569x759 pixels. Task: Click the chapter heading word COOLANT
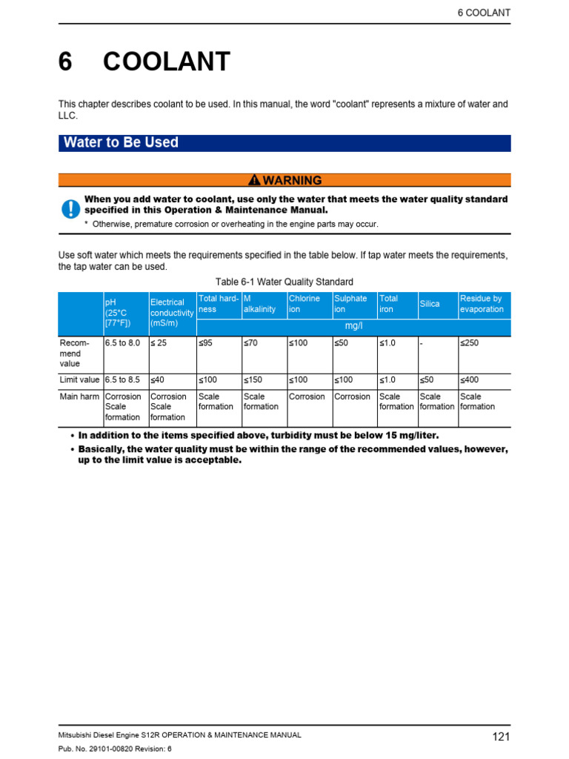tap(167, 62)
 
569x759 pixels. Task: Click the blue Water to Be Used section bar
tap(284, 143)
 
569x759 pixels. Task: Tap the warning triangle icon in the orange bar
tap(254, 180)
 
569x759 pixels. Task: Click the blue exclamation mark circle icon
tap(70, 208)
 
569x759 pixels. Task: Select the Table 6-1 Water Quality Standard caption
tap(284, 282)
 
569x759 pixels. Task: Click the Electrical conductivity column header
tap(172, 313)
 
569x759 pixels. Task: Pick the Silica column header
tap(430, 304)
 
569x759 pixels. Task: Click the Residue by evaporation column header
tap(482, 304)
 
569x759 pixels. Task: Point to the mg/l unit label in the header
tap(353, 326)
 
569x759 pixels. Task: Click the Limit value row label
tap(79, 379)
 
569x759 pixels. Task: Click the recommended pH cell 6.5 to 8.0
tap(122, 343)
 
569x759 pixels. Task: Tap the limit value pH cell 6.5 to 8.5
tap(122, 379)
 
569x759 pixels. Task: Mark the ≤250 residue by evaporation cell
tap(470, 343)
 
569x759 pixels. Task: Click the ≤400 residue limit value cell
tap(470, 379)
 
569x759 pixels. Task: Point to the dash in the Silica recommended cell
tap(422, 343)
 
